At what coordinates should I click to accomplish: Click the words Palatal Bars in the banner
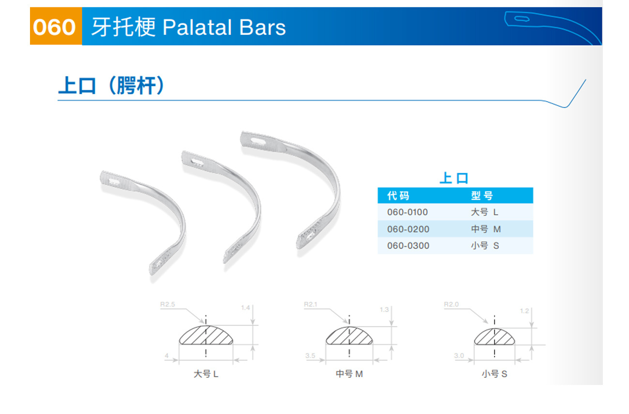click(224, 28)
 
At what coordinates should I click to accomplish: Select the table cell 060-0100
click(407, 212)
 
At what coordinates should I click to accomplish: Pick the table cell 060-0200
click(408, 229)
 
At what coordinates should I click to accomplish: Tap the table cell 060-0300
click(408, 246)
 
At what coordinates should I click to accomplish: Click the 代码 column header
click(398, 195)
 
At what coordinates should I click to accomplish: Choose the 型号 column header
click(482, 195)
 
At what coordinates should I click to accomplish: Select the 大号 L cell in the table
click(485, 212)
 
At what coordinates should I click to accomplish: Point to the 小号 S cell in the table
click(485, 246)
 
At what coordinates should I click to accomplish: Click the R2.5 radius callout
click(167, 304)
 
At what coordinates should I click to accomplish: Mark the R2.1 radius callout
click(311, 304)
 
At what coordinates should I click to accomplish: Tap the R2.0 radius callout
click(451, 304)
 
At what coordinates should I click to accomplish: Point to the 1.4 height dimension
click(245, 308)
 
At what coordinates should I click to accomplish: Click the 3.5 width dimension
click(310, 355)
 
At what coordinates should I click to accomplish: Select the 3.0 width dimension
click(459, 355)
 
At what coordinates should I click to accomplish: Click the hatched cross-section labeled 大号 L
click(206, 336)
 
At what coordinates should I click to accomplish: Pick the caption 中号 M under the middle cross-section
click(349, 374)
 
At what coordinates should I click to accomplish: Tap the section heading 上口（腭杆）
click(111, 85)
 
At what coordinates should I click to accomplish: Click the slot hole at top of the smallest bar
click(114, 181)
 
